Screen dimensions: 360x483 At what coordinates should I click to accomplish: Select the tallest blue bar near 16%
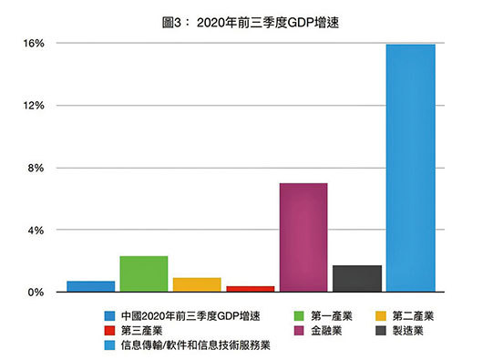410,169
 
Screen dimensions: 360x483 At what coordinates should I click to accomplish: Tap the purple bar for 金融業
303,238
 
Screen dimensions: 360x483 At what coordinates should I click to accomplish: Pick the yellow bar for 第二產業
197,284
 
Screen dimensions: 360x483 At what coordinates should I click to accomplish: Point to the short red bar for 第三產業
250,289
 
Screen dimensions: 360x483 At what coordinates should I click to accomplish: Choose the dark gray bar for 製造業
356,278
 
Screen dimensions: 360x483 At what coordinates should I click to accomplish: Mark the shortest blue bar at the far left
90,286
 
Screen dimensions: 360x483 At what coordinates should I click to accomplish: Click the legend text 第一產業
333,315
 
